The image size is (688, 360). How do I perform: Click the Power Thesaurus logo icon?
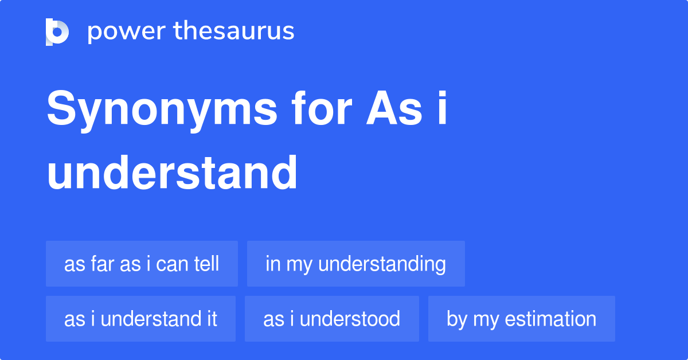point(57,32)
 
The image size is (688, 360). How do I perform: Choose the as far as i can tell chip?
point(142,264)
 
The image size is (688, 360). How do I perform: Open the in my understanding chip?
point(355,264)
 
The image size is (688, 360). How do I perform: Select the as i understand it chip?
point(140,319)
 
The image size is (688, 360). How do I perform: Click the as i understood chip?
point(331,319)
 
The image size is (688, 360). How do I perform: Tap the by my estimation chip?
point(521,319)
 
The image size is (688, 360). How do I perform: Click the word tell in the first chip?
point(206,264)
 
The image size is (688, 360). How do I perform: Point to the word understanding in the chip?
point(382,264)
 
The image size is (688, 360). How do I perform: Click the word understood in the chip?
point(350,319)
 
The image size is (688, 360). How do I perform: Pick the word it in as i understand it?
point(212,319)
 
